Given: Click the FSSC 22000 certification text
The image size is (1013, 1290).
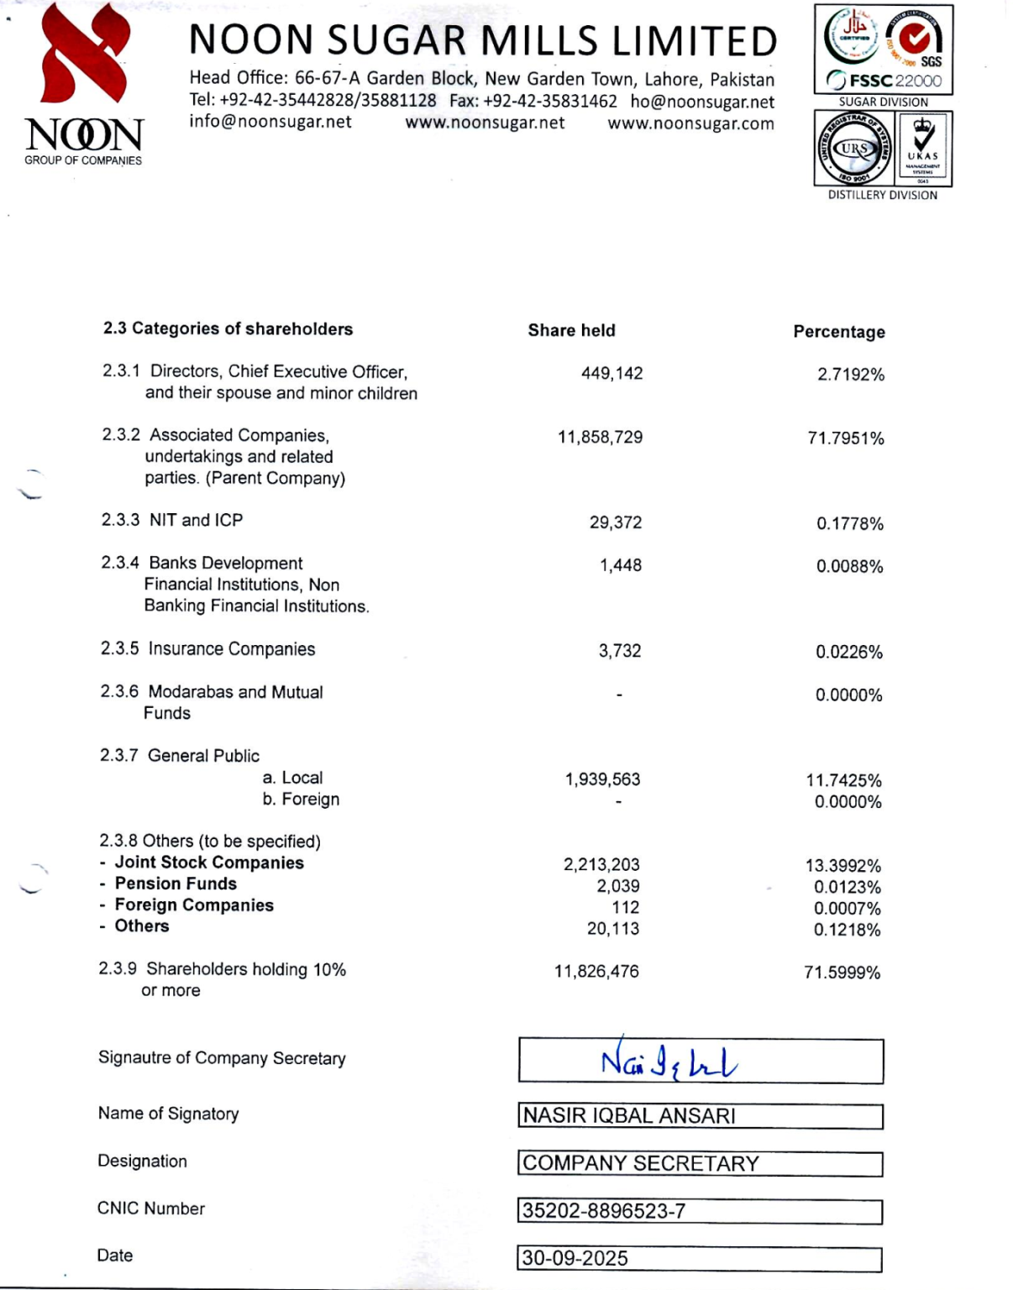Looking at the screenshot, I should coord(884,81).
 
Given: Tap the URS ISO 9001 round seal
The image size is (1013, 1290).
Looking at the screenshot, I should coord(855,149).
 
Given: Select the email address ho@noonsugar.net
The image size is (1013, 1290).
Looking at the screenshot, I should coord(702,102).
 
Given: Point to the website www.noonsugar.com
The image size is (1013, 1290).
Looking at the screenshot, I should coord(690,123).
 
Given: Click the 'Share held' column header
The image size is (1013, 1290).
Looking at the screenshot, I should coord(571,330).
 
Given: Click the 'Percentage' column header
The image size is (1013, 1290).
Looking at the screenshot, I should coord(838,332).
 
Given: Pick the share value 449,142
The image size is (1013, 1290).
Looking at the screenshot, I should coord(611,373).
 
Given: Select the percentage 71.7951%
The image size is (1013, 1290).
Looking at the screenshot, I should coord(845,438).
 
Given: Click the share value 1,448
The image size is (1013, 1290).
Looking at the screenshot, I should coord(620,565).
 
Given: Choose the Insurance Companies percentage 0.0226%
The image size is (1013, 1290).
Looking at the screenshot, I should coord(848,652).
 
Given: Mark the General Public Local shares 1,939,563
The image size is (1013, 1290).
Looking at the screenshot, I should coord(602,779).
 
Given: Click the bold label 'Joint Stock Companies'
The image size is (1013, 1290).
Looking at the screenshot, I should coord(209,863).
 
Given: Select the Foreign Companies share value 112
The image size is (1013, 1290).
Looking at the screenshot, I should coord(625,907).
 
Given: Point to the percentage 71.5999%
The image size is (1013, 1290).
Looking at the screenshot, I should coord(842,973).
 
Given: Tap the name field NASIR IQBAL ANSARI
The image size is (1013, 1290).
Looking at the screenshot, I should coord(629,1115).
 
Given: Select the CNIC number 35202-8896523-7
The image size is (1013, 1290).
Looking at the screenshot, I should coord(604,1210).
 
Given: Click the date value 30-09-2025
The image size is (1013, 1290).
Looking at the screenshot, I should coord(575,1258).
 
